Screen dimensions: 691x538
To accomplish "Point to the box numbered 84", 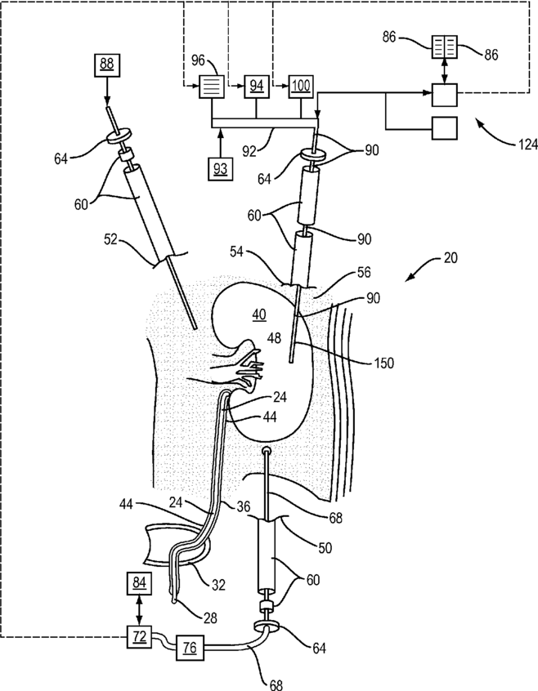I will pyautogui.click(x=139, y=585).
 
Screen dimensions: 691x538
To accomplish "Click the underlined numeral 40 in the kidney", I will pyautogui.click(x=259, y=314).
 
